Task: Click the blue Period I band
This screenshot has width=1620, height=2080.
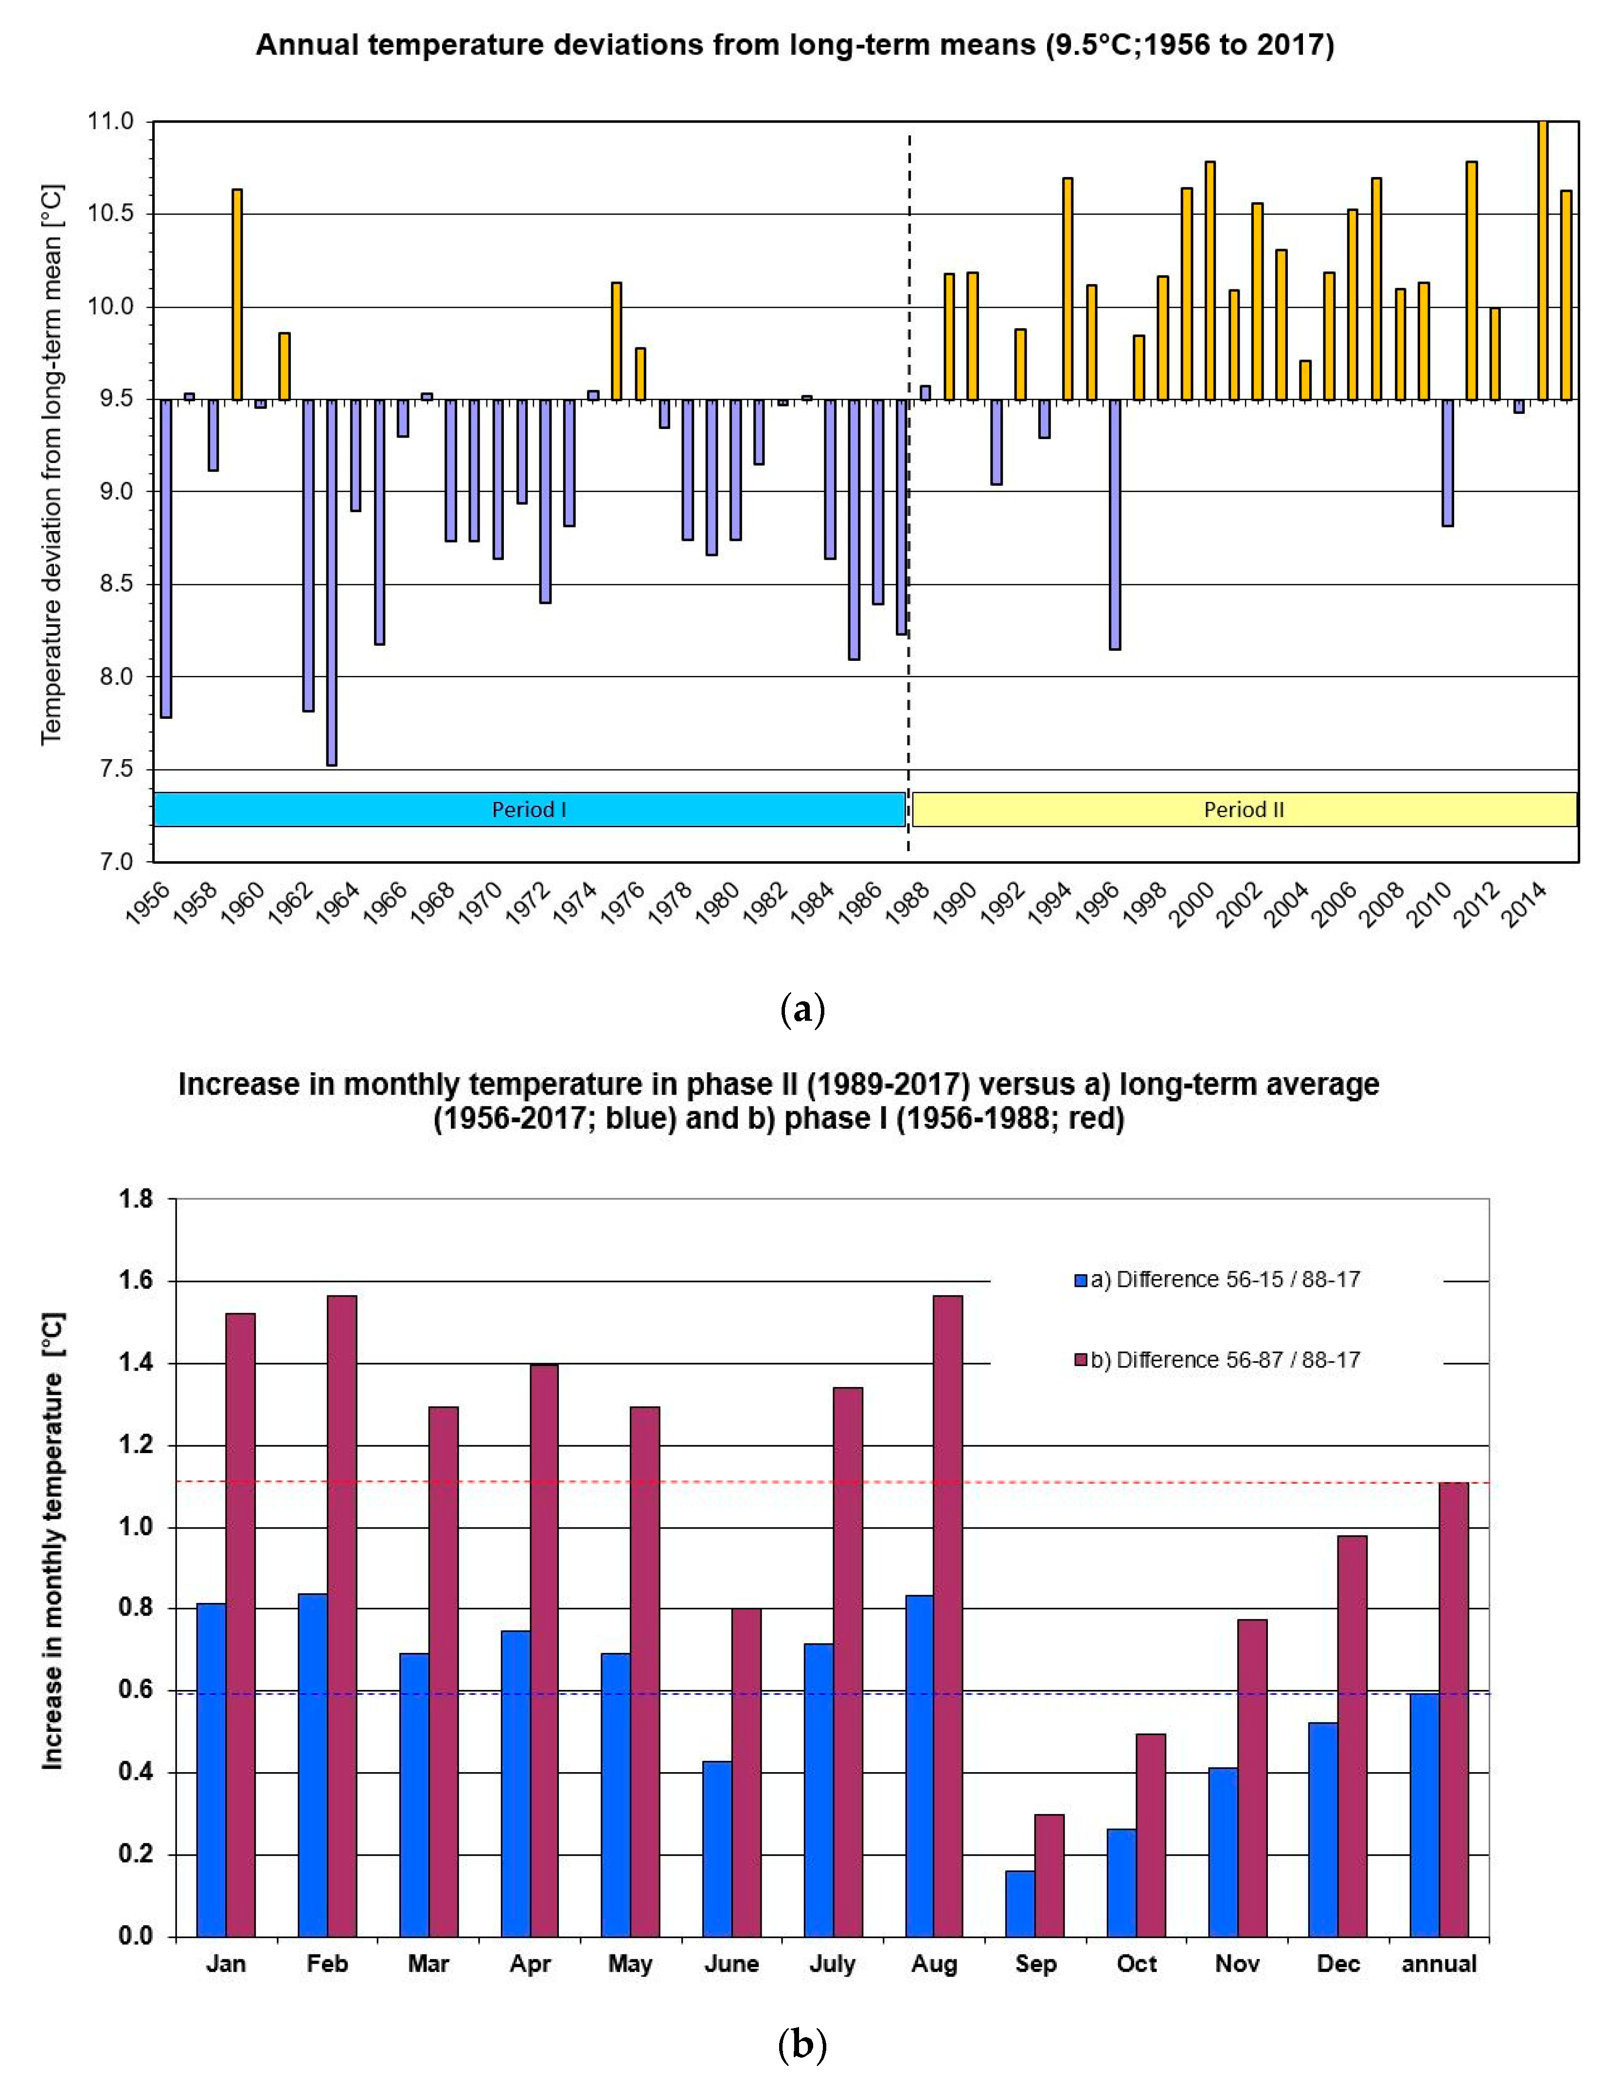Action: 529,810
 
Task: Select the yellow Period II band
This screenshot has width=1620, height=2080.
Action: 1243,810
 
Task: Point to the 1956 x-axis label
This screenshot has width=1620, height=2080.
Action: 148,902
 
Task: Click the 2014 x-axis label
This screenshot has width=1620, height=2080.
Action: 1524,902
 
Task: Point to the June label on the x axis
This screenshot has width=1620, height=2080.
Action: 731,1964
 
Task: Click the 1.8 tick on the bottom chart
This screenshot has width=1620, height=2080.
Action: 135,1199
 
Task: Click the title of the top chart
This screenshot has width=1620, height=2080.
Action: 794,45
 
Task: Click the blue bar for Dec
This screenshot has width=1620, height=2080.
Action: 1323,1831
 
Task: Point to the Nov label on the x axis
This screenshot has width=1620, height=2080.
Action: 1237,1964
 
